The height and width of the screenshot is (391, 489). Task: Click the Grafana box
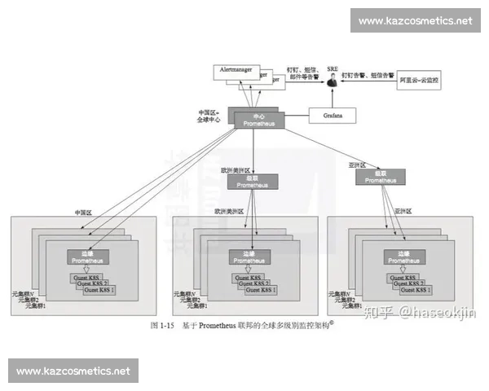click(332, 116)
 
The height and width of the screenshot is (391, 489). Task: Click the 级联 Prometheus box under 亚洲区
click(381, 176)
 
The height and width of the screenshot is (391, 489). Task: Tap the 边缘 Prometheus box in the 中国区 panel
click(86, 257)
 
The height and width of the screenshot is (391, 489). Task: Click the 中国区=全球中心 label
click(209, 116)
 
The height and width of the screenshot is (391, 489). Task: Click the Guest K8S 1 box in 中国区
click(101, 290)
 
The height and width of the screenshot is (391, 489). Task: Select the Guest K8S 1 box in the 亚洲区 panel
click(419, 290)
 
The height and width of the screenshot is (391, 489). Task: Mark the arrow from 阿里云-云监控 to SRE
click(367, 81)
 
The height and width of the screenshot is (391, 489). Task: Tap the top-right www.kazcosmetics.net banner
click(416, 20)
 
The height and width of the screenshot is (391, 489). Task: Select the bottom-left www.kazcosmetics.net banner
click(73, 371)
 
